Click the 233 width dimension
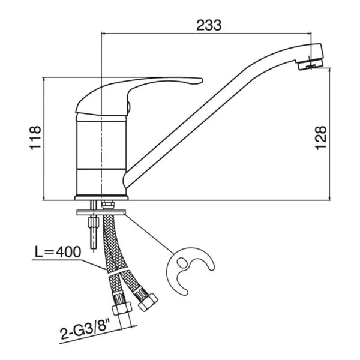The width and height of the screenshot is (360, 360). (209, 25)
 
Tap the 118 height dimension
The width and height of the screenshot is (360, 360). (35, 137)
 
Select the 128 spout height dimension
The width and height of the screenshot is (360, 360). (321, 137)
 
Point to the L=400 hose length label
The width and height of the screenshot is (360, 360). (58, 251)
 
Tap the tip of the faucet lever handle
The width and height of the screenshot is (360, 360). (202, 80)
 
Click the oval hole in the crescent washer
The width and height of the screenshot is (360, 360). (182, 262)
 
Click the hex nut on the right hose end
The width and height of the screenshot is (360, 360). (148, 302)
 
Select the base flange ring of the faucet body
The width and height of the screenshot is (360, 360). (101, 197)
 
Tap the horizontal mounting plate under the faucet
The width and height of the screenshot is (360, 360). (101, 212)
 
